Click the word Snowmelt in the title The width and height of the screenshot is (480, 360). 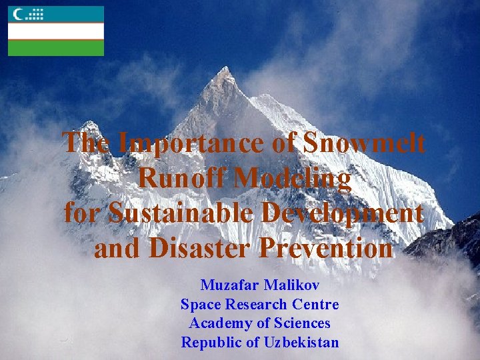(365, 143)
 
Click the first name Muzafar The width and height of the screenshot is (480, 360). (229, 285)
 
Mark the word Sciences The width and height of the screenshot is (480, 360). (300, 324)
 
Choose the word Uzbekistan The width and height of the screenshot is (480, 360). (302, 343)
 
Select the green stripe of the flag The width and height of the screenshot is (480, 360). (56, 49)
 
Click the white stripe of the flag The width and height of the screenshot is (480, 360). (56, 31)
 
